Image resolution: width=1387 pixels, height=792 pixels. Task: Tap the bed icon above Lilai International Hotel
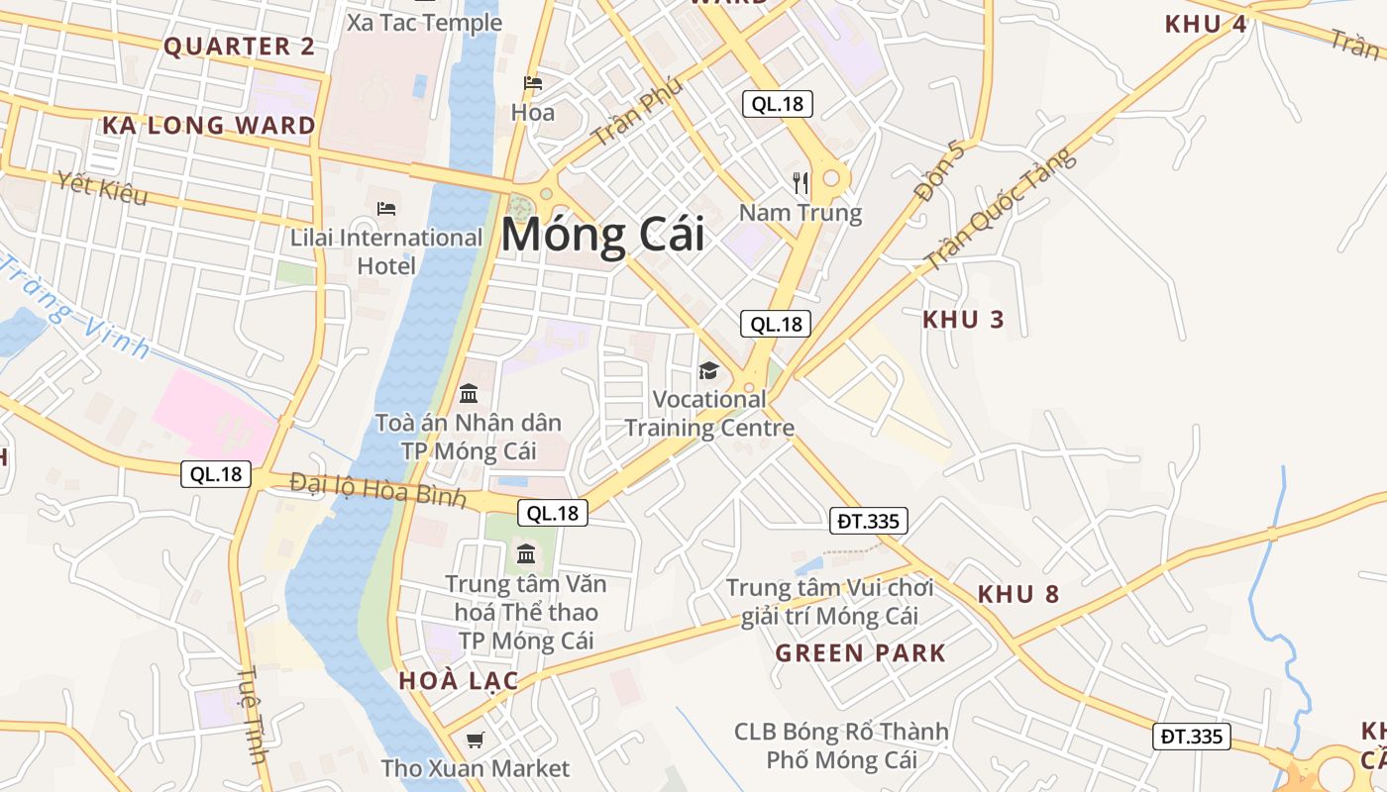pyautogui.click(x=386, y=208)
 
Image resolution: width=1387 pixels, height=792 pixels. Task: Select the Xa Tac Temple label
pyautogui.click(x=424, y=23)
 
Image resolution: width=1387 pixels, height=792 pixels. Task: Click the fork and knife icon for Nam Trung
pyautogui.click(x=800, y=182)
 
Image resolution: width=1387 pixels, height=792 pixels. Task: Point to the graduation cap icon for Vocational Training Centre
pyautogui.click(x=708, y=370)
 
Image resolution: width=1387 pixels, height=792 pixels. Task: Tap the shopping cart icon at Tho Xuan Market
pyautogui.click(x=476, y=740)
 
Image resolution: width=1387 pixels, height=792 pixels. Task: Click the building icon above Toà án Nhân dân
pyautogui.click(x=469, y=393)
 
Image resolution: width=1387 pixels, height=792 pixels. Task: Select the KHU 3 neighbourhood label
pyautogui.click(x=963, y=320)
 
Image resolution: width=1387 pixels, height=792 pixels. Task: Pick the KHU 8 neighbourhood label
pyautogui.click(x=1018, y=595)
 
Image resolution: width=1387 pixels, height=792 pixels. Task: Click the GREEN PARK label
pyautogui.click(x=860, y=653)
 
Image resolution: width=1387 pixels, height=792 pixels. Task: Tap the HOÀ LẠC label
pyautogui.click(x=459, y=681)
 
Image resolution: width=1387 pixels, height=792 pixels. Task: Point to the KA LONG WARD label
pyautogui.click(x=209, y=126)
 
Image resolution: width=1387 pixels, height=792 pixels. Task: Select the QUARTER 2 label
pyautogui.click(x=239, y=47)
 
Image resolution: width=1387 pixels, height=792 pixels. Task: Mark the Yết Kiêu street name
pyautogui.click(x=102, y=188)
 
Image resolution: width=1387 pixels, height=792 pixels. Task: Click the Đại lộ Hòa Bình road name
pyautogui.click(x=377, y=490)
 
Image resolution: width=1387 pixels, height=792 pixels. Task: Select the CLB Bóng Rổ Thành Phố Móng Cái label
pyautogui.click(x=841, y=746)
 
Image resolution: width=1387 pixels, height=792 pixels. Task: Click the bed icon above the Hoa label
pyautogui.click(x=533, y=83)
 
